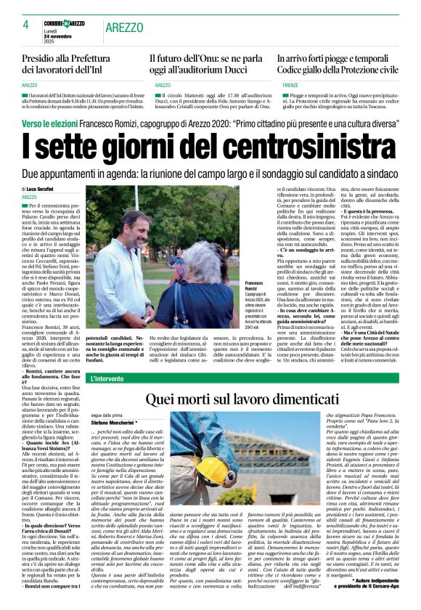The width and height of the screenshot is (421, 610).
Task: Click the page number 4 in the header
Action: click(x=25, y=24)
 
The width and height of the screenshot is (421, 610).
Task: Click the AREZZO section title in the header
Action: click(x=124, y=27)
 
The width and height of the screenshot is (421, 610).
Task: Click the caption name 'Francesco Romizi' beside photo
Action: click(x=256, y=285)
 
